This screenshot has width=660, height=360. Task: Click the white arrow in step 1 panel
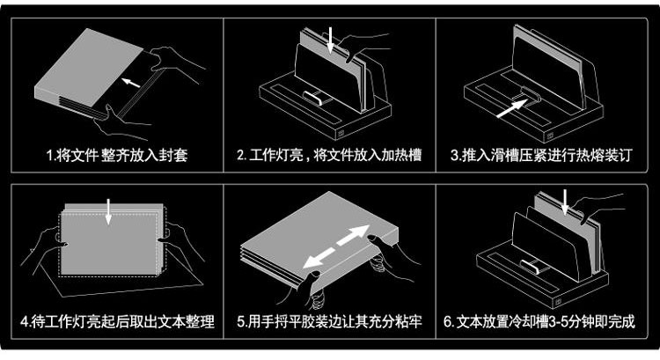pos(131,83)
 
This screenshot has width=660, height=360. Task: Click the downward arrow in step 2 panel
pos(330,40)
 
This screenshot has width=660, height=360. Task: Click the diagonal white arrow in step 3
pos(512,108)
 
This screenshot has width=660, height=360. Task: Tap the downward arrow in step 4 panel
pos(108,211)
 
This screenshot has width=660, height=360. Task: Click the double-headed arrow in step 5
pos(336,246)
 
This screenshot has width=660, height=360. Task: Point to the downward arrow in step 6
pos(565,202)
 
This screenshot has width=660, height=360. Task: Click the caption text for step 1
pos(116,156)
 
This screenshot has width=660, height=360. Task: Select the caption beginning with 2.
pos(329,156)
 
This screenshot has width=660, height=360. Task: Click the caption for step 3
pos(541,156)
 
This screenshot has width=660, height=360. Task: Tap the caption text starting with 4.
pos(117,322)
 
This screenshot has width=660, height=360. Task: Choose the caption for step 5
pos(329,322)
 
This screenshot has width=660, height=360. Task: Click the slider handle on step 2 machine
pos(313,99)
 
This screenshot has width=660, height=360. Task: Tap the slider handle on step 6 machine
pos(531,267)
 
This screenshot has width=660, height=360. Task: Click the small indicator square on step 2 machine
pos(340,134)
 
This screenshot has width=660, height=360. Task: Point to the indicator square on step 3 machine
pos(550,136)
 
